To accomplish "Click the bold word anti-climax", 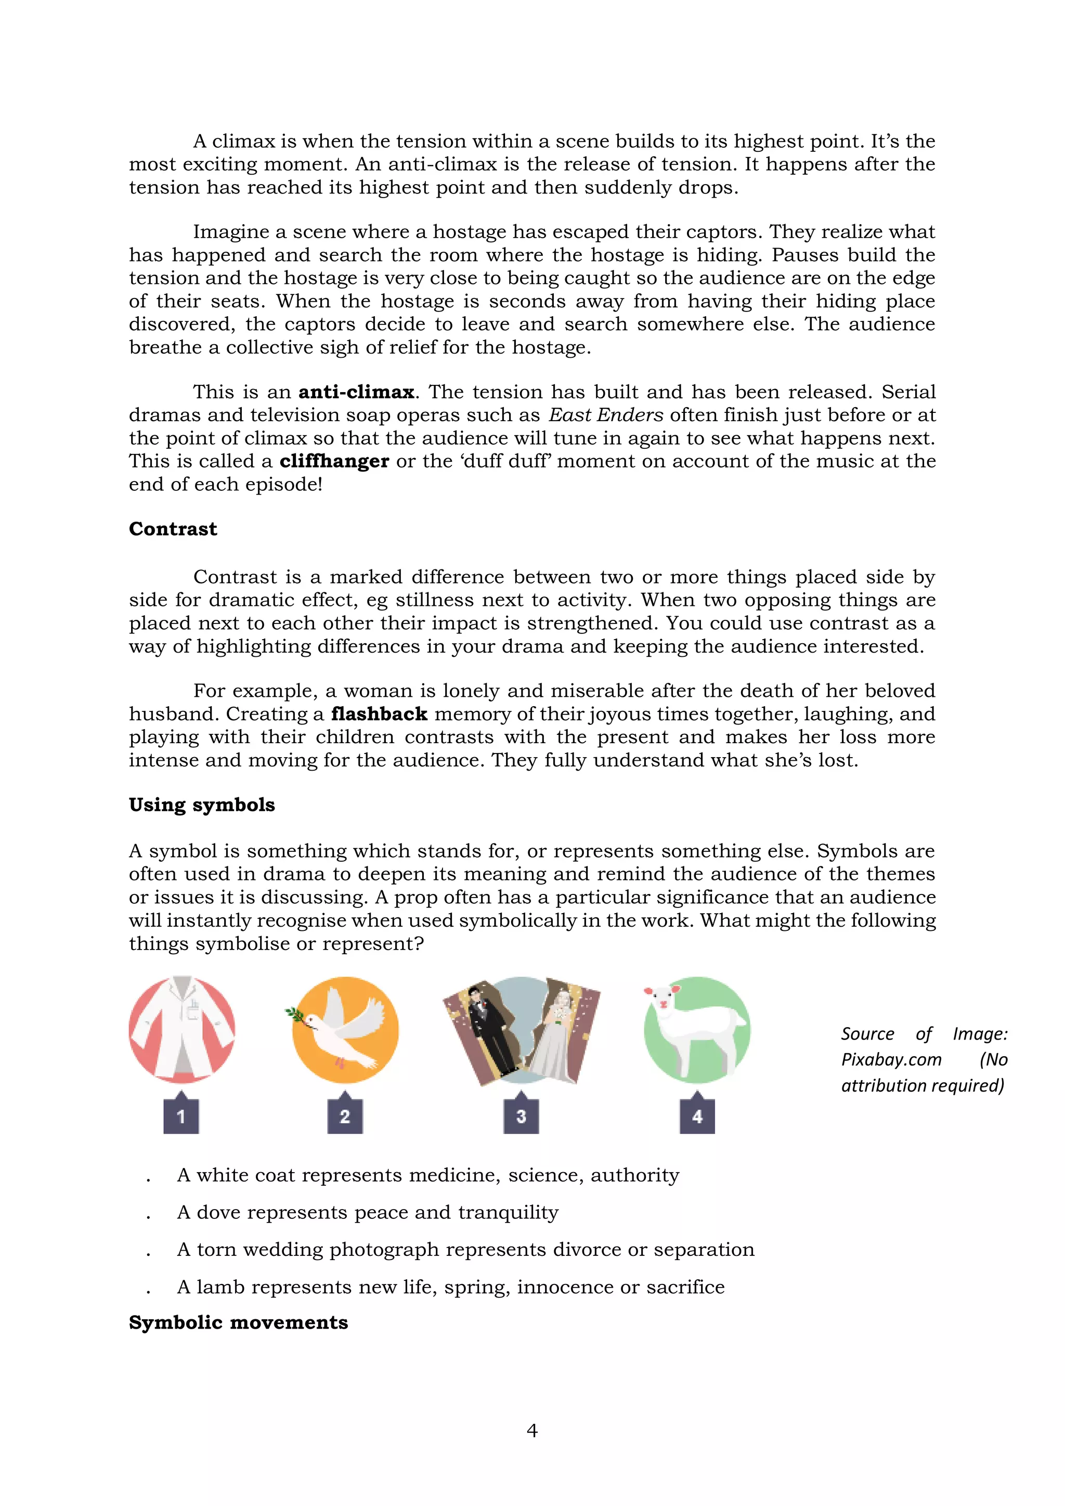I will click(x=356, y=392).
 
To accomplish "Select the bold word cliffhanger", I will click(x=334, y=462).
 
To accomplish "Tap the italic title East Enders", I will click(x=606, y=415).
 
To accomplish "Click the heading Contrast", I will click(x=173, y=529).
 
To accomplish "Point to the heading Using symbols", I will click(x=201, y=805).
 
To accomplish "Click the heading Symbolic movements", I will click(x=238, y=1322).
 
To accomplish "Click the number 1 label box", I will click(x=181, y=1116).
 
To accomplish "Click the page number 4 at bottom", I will click(x=532, y=1431).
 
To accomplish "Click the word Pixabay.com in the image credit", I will click(x=891, y=1060).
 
